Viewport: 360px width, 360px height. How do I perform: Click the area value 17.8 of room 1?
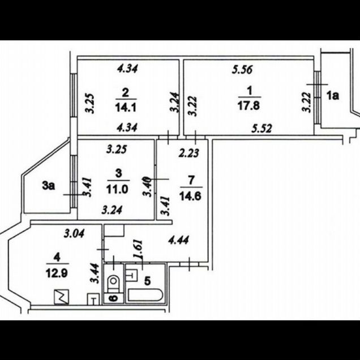249,106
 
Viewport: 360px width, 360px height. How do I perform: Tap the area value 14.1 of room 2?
126,108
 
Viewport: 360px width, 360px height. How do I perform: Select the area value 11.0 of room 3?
117,190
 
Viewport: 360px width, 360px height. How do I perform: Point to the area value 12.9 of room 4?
57,273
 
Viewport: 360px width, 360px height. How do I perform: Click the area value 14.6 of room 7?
191,196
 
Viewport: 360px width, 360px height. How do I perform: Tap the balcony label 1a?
333,96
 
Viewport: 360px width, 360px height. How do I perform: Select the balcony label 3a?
49,186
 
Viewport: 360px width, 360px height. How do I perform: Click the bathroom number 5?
147,281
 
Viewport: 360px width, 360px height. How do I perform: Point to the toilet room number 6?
113,298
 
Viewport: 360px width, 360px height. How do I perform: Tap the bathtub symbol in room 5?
145,295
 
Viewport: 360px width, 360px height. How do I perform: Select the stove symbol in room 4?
61,297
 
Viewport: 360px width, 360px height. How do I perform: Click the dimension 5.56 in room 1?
242,70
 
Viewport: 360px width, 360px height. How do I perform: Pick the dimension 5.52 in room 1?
262,128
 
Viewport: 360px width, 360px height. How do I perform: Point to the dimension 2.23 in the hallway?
188,153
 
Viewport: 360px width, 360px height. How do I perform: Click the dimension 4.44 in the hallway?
179,241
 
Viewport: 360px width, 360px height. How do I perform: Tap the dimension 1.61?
139,250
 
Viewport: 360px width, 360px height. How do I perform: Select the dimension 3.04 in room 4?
74,234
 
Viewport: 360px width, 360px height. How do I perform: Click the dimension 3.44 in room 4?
95,273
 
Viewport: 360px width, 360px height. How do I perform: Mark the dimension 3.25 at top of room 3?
117,149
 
